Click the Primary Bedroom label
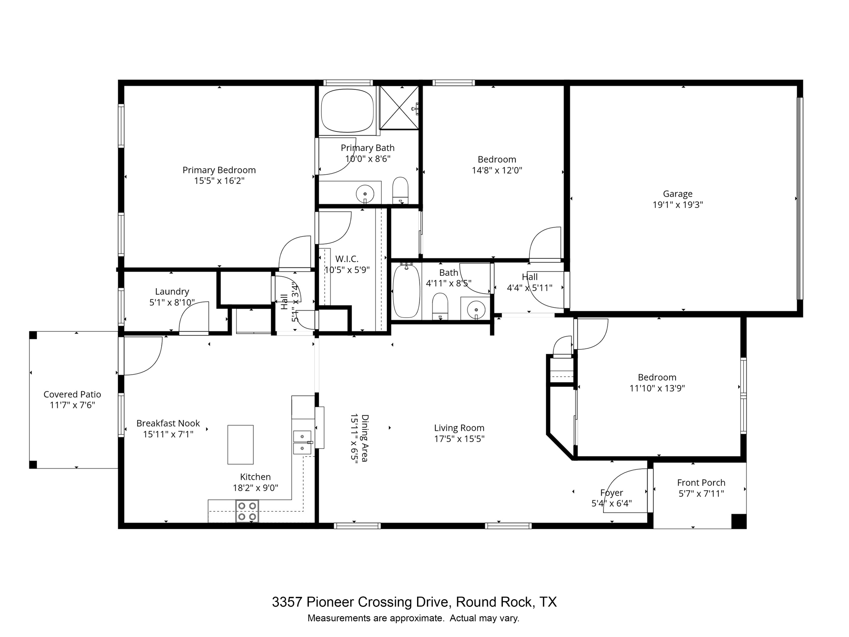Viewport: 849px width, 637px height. coord(219,170)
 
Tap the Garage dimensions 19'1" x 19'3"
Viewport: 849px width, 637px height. coord(677,205)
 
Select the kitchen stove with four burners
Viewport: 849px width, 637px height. coord(247,511)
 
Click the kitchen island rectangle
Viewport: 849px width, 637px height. coord(240,445)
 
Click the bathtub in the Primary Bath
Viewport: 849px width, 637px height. coord(347,110)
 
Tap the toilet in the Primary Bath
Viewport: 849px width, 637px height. coord(400,191)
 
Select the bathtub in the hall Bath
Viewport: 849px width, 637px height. coord(406,291)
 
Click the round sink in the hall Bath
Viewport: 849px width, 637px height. coord(476,309)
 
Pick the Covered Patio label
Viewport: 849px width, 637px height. coord(72,394)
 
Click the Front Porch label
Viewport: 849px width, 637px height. coord(701,483)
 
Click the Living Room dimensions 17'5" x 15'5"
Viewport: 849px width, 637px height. coord(459,439)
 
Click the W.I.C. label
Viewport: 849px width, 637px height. coord(347,259)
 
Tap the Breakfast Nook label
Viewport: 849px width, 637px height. coord(168,423)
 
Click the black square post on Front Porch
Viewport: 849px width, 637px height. coord(738,521)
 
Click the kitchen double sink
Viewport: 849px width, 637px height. coord(302,442)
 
